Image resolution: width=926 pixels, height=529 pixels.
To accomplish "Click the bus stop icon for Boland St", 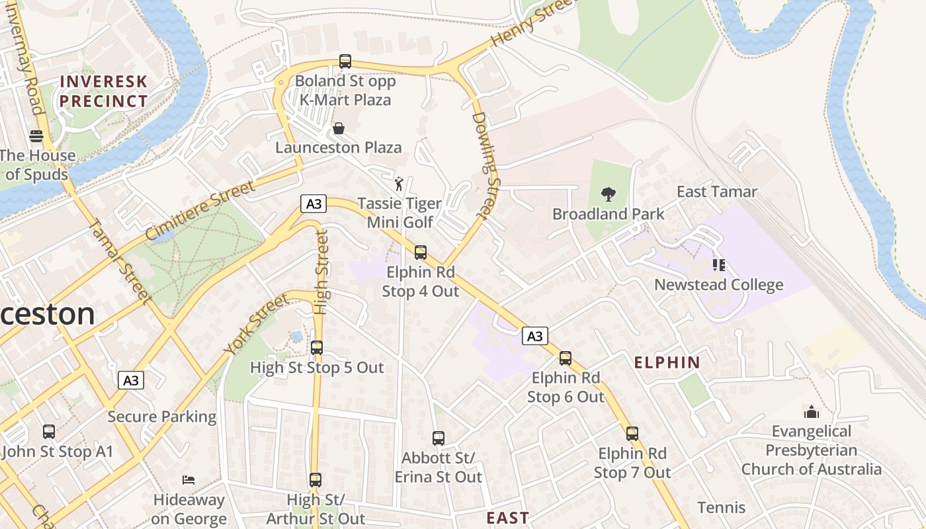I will click(x=345, y=61).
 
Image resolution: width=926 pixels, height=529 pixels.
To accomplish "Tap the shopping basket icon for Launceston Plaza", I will click(x=339, y=128).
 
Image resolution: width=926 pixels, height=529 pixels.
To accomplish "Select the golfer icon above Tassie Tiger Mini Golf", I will click(x=399, y=183).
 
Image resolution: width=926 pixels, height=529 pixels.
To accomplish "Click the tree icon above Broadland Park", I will click(x=608, y=194).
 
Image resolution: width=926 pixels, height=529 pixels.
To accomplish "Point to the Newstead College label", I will click(x=718, y=285).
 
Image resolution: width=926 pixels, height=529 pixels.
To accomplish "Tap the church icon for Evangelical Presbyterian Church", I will click(x=812, y=412).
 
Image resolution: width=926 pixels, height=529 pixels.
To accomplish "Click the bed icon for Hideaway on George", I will click(x=189, y=479).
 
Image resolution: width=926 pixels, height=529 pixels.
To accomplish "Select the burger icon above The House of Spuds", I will click(x=36, y=136).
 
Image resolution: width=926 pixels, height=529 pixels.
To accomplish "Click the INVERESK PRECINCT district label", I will click(x=103, y=91).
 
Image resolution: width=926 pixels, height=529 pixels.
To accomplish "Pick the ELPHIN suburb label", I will click(x=667, y=362).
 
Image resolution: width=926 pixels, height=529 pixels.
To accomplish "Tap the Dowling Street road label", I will click(x=488, y=165).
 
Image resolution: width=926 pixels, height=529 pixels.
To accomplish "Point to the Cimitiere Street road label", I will click(x=200, y=210).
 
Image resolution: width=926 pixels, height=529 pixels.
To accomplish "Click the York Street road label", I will click(x=256, y=324).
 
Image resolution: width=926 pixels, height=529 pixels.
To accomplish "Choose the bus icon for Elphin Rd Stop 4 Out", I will click(x=421, y=253).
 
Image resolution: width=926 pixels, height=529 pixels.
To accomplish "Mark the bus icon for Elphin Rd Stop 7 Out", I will click(x=632, y=434).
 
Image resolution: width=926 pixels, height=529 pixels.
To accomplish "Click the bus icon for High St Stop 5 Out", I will click(x=317, y=348).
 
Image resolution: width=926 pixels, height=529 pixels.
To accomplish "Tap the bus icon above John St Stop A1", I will click(x=49, y=432).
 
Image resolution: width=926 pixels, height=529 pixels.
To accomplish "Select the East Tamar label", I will click(x=716, y=192).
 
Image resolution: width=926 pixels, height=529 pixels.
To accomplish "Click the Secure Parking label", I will click(x=162, y=417).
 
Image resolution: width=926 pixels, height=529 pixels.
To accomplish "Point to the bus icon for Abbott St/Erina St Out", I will click(x=438, y=438).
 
